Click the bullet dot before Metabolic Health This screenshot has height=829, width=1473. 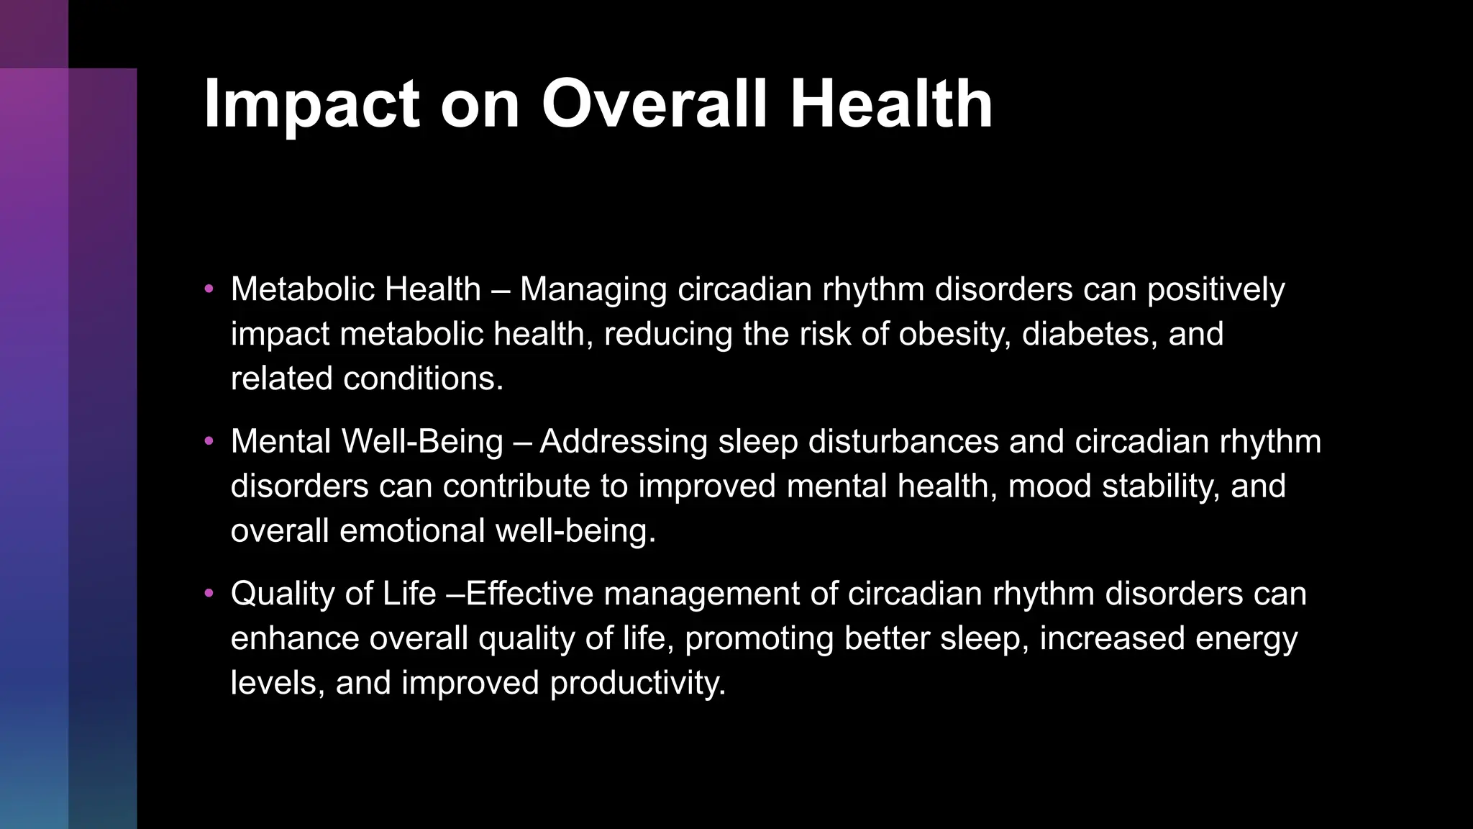point(209,289)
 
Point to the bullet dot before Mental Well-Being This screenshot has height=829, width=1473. point(209,441)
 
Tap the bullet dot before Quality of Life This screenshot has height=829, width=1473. point(209,594)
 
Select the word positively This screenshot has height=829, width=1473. point(1216,290)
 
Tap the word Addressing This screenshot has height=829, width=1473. point(624,442)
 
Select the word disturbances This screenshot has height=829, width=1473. point(903,442)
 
